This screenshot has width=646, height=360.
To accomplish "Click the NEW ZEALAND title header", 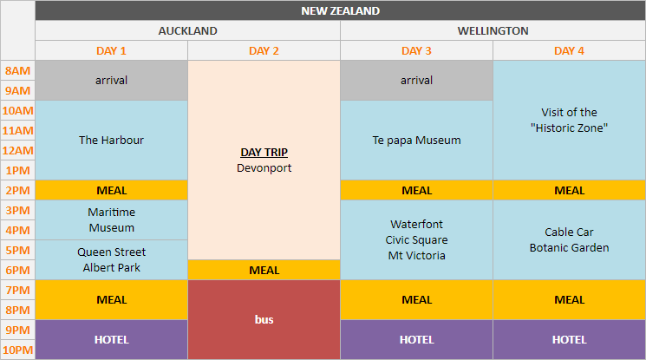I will pos(340,11).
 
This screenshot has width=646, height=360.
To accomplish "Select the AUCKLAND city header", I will pos(187,30).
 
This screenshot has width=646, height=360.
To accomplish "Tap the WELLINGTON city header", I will pos(493,30).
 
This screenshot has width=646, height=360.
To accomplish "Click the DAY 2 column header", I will pos(264,50).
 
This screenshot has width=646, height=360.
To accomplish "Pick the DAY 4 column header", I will pos(569,50).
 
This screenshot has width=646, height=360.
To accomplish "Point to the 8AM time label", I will pos(17,70).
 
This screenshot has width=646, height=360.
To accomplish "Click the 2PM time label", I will pos(17,190).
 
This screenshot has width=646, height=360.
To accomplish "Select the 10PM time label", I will pos(17,350).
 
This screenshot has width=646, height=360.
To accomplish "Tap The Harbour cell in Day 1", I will pos(111,140).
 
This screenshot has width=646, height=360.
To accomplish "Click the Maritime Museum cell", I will pos(111,219).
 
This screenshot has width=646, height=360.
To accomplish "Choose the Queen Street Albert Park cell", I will pos(111,259).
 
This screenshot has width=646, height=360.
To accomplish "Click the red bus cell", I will pos(264,319).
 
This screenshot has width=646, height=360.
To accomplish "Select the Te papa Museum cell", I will pos(416,140).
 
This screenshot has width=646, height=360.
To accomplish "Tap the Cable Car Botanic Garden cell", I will pos(569,239).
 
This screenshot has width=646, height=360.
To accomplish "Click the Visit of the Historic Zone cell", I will pos(569,120).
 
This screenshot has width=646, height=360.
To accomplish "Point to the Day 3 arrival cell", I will pos(416,80).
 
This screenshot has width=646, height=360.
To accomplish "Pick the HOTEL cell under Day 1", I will pos(111,339).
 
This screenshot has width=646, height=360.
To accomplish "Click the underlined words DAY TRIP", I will pos(264,152).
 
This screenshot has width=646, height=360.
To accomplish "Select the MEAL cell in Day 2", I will pos(264,270).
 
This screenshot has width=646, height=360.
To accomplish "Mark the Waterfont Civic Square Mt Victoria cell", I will pos(416,239).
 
